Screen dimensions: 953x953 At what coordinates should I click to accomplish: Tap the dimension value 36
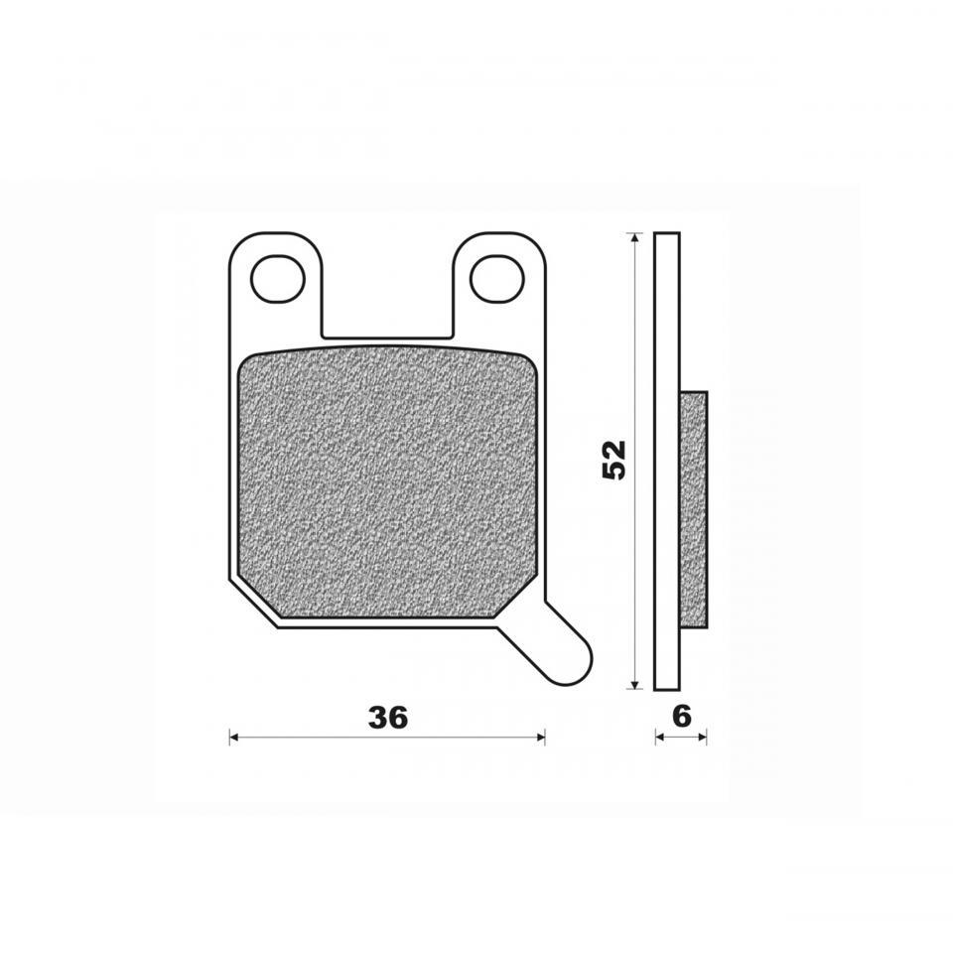tap(388, 718)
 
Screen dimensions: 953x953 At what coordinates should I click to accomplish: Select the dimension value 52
tap(613, 460)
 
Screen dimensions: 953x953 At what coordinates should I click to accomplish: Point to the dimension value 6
tap(682, 717)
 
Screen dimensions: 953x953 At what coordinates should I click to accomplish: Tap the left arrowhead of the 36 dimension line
tap(234, 738)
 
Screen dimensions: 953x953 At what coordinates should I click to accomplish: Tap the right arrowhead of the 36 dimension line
tap(540, 738)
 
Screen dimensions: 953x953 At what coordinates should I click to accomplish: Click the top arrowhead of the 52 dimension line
tap(634, 237)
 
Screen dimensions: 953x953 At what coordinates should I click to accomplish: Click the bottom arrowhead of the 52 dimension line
tap(634, 684)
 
